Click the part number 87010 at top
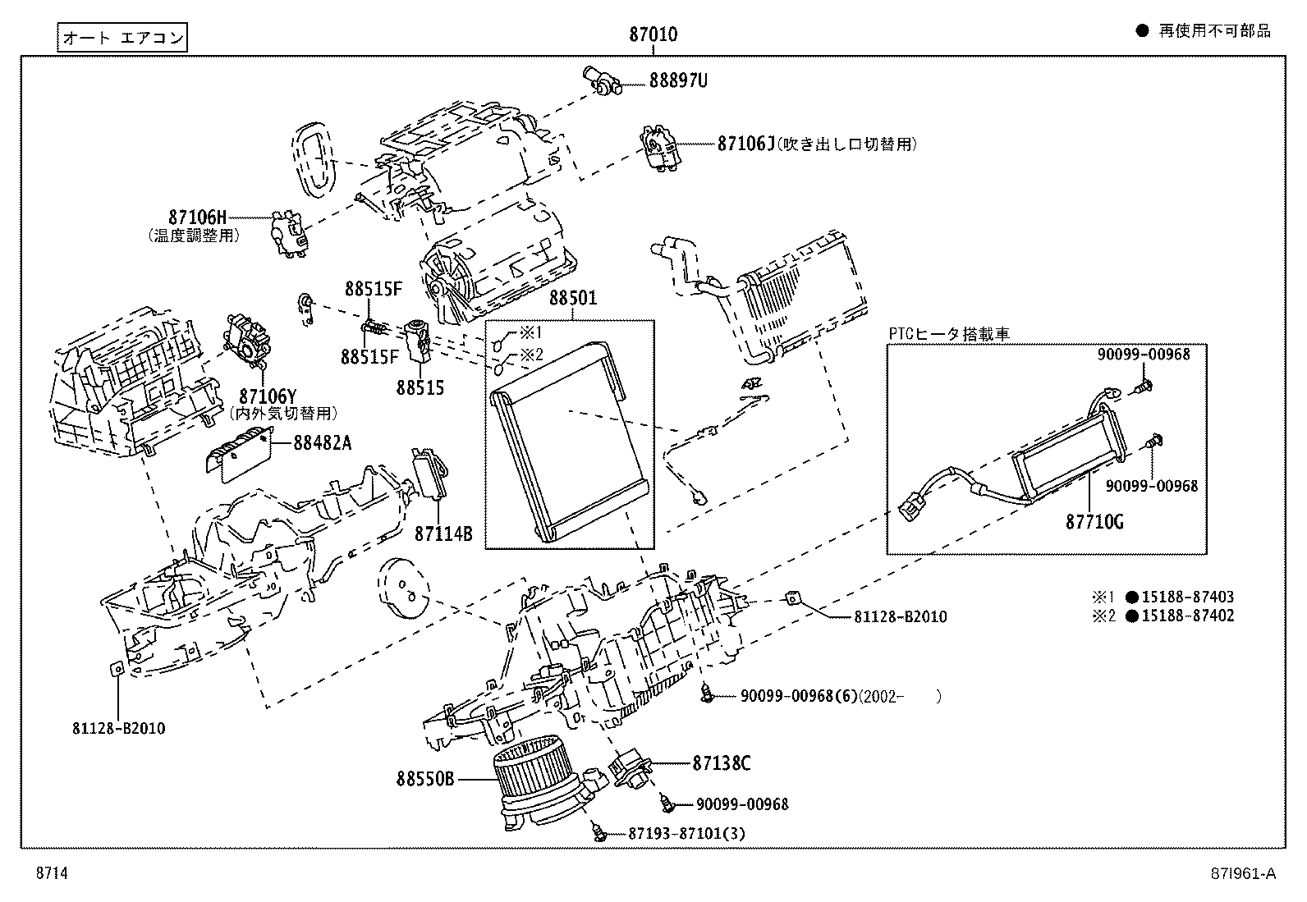[653, 34]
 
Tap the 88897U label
[678, 80]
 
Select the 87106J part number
[745, 144]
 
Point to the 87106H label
[197, 217]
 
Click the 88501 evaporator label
[572, 298]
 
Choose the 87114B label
[443, 533]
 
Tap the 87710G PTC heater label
[1094, 521]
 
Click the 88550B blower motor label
[424, 779]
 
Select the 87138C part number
[721, 763]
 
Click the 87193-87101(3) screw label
[687, 833]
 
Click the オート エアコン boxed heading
[122, 37]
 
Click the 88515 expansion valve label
[420, 387]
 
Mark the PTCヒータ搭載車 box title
[948, 334]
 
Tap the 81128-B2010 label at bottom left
[118, 728]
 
